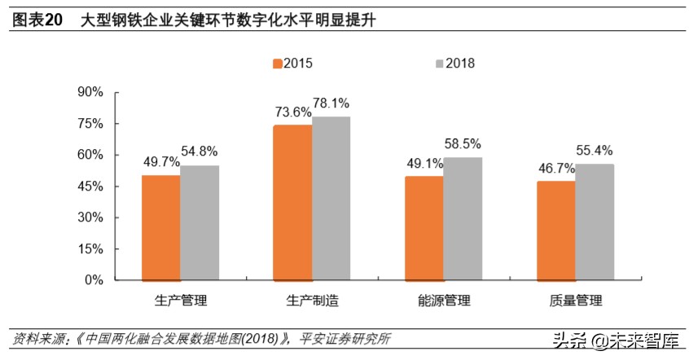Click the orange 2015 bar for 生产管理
pyautogui.click(x=160, y=227)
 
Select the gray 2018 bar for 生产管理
pyautogui.click(x=200, y=222)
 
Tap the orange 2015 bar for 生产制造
pyautogui.click(x=292, y=203)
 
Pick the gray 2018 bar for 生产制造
pyautogui.click(x=331, y=198)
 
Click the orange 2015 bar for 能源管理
pyautogui.click(x=424, y=228)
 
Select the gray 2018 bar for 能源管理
pyautogui.click(x=463, y=218)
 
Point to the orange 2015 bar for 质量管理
pyautogui.click(x=556, y=230)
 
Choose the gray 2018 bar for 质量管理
pyautogui.click(x=595, y=222)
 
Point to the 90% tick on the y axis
pyautogui.click(x=90, y=92)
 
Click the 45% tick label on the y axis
pyautogui.click(x=90, y=187)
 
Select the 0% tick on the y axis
pyautogui.click(x=93, y=280)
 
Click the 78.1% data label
pyautogui.click(x=331, y=103)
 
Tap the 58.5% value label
pyautogui.click(x=463, y=144)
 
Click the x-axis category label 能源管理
pyautogui.click(x=443, y=301)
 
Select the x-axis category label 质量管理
pyautogui.click(x=575, y=301)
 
